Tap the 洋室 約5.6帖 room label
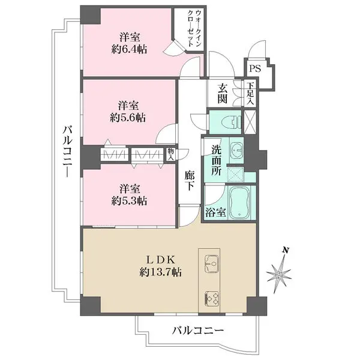(x=128, y=110)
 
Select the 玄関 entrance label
(x=222, y=94)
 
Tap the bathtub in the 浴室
(x=242, y=204)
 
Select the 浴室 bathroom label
(x=215, y=212)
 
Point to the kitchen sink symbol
(x=211, y=262)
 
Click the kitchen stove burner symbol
(x=212, y=298)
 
